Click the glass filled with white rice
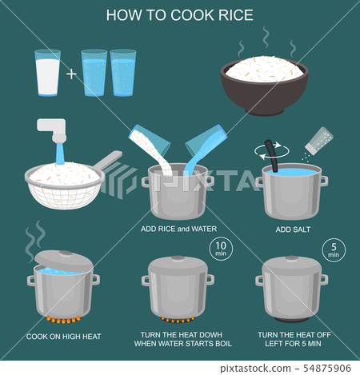tap(47, 74)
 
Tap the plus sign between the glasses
tap(72, 74)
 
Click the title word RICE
tap(233, 16)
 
